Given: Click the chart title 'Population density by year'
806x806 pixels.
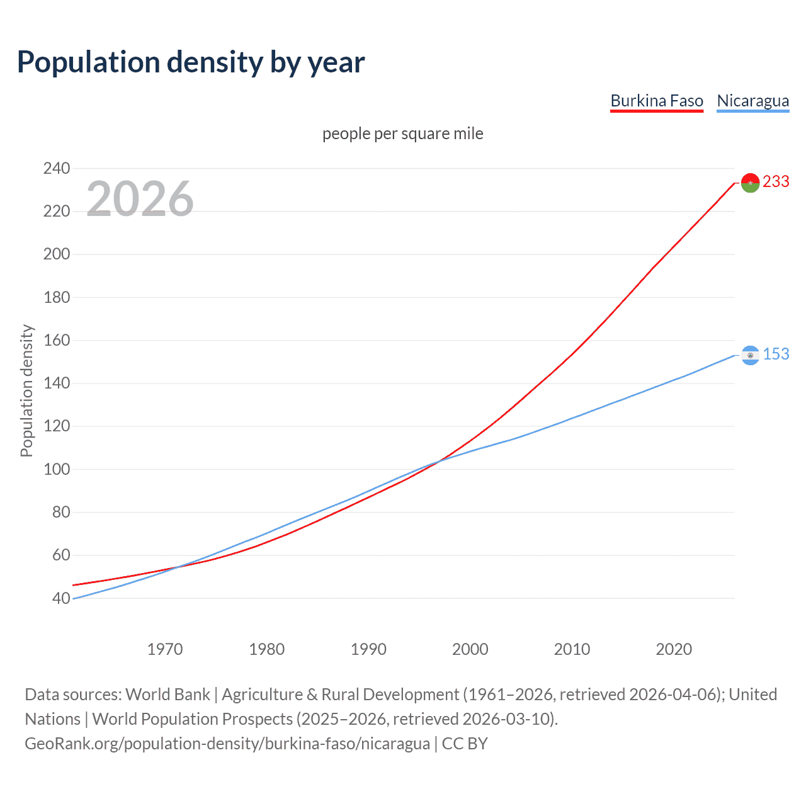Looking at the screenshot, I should point(191,62).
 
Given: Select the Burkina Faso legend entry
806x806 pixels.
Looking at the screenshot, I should point(656,101).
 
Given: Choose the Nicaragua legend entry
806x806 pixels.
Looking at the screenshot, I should point(752,101).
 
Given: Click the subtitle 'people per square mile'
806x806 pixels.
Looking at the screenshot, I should point(402,134).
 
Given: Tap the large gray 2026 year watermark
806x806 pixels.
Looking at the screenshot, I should point(140,199).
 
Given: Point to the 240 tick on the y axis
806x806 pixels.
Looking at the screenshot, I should point(57,168).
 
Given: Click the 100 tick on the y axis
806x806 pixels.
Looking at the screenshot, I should point(57,469).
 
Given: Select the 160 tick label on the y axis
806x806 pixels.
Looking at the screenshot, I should point(57,340).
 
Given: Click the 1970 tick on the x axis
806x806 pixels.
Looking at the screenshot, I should point(165,649).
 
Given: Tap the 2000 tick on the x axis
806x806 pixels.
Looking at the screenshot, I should point(470,649).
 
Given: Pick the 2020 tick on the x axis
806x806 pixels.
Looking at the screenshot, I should point(674,649).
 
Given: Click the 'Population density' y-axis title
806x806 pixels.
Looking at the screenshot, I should point(26,390).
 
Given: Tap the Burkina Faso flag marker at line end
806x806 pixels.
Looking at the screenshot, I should point(750,183).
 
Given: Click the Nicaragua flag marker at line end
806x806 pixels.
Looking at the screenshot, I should point(750,355).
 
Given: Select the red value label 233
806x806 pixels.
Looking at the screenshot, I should point(776,181).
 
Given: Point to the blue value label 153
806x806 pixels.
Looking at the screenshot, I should point(776,355).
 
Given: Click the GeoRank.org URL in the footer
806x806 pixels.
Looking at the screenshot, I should point(227,744).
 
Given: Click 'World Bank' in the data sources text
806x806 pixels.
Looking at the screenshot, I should point(167,695).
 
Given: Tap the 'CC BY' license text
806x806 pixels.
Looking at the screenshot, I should point(465,744).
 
